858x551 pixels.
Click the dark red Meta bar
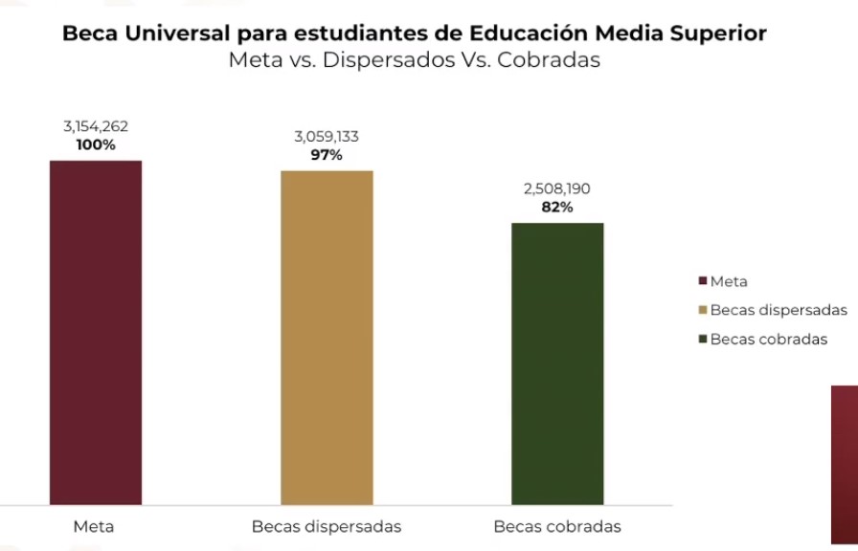(96, 332)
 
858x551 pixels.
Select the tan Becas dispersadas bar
(327, 337)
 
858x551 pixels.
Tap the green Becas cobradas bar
(557, 364)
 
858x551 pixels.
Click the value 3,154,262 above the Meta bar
(96, 127)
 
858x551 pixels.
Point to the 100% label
(96, 145)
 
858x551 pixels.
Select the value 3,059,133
(327, 137)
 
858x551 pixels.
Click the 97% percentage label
(327, 155)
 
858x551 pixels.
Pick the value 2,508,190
(557, 189)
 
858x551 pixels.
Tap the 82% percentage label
(557, 208)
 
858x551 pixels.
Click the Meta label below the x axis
(94, 527)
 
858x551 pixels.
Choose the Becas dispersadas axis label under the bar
(327, 527)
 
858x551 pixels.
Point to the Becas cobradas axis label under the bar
(557, 527)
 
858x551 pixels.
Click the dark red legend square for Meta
(703, 282)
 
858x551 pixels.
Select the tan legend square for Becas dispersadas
(703, 311)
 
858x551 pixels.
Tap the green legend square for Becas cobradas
(703, 340)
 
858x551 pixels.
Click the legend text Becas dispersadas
(779, 311)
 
